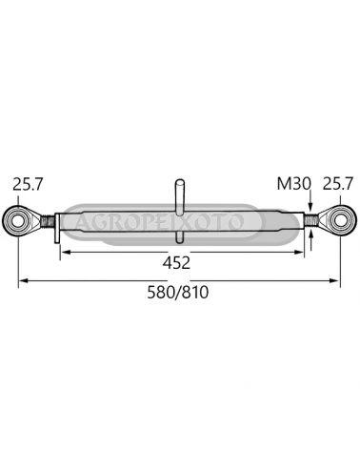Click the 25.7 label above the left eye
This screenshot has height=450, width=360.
click(27, 184)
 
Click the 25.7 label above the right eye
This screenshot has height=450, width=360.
click(338, 184)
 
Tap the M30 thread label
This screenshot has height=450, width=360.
click(293, 184)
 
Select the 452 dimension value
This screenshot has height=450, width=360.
click(176, 263)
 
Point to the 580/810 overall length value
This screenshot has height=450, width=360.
click(178, 293)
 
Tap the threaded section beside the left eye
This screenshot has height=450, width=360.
click(48, 220)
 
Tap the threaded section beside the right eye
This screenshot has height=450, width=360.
click(310, 219)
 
